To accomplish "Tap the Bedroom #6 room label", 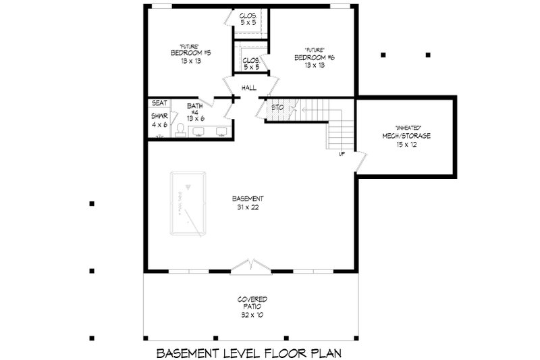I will [315, 58].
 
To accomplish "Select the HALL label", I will [249, 88].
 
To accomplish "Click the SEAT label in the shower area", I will [159, 103].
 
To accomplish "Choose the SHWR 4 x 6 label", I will [159, 120].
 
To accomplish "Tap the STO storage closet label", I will [277, 107].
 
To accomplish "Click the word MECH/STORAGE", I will [404, 136].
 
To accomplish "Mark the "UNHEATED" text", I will [404, 127].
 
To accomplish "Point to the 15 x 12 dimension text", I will [404, 145].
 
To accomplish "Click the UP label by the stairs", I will [342, 154].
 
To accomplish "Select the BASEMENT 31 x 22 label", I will [247, 203].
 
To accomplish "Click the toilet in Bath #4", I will [180, 130].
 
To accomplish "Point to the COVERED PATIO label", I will [251, 303].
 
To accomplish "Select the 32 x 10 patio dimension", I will [251, 314].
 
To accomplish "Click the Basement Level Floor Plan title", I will [250, 353].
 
